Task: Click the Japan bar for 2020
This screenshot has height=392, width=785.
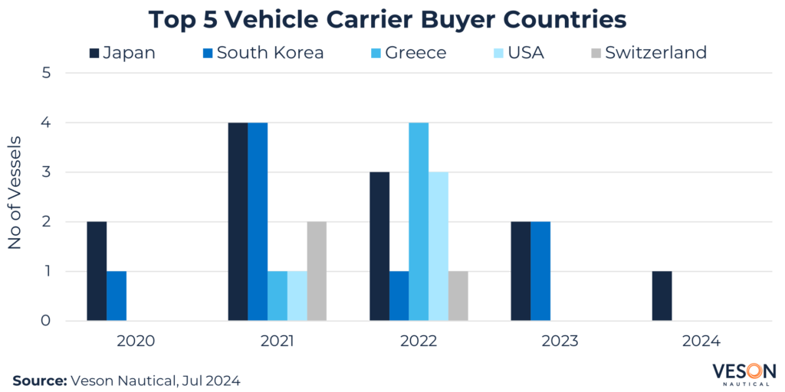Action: [x=97, y=271]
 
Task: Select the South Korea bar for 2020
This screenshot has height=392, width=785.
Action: [x=117, y=296]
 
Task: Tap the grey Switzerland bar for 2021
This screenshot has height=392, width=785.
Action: [x=317, y=271]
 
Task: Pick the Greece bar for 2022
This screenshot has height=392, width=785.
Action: [x=419, y=221]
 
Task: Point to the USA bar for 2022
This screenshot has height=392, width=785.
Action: [x=438, y=246]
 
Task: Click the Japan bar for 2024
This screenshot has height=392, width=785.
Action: [x=662, y=296]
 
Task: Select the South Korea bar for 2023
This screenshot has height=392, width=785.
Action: [x=540, y=271]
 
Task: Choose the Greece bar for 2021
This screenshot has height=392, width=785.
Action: [x=278, y=296]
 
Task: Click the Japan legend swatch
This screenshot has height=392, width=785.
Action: [x=95, y=53]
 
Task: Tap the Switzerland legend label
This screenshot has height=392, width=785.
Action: [x=655, y=53]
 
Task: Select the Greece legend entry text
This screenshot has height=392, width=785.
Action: [x=416, y=53]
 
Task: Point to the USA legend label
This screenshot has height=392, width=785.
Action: [x=525, y=53]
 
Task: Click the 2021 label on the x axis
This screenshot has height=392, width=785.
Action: [x=278, y=340]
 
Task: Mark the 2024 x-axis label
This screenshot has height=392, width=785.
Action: [x=701, y=340]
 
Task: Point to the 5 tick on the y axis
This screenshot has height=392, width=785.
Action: [x=47, y=73]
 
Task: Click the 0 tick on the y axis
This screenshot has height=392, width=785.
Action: [x=47, y=321]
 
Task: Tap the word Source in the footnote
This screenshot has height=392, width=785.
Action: [x=38, y=379]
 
